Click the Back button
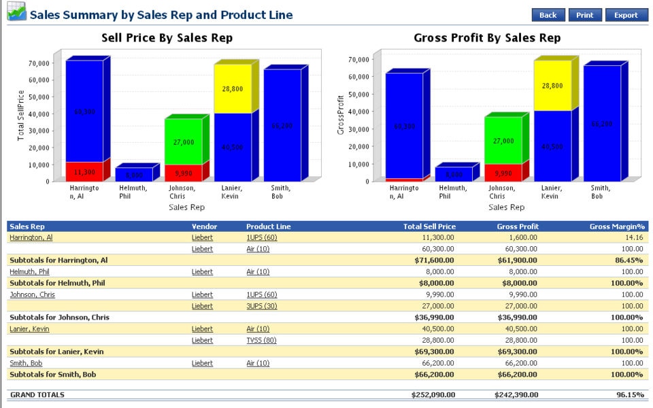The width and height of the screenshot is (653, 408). pos(548,15)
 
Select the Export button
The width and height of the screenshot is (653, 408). pos(626,15)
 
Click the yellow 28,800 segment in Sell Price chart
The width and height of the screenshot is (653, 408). pos(232,89)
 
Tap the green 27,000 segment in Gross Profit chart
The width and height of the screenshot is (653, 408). pos(503,141)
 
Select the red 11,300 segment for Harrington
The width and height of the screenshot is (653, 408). pos(84,172)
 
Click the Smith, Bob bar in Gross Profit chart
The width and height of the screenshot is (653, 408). pos(602,124)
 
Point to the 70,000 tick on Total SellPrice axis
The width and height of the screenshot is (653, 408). pos(38,63)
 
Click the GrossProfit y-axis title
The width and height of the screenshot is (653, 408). pos(341,120)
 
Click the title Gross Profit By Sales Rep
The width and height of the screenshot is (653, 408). pos(487,38)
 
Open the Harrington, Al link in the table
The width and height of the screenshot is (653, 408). pos(31,237)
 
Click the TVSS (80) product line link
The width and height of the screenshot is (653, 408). pos(261,340)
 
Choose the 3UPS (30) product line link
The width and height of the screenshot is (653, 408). pos(261,306)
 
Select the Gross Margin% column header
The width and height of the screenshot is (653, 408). pos(618,226)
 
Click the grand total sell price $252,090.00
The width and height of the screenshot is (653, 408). pos(433,394)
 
